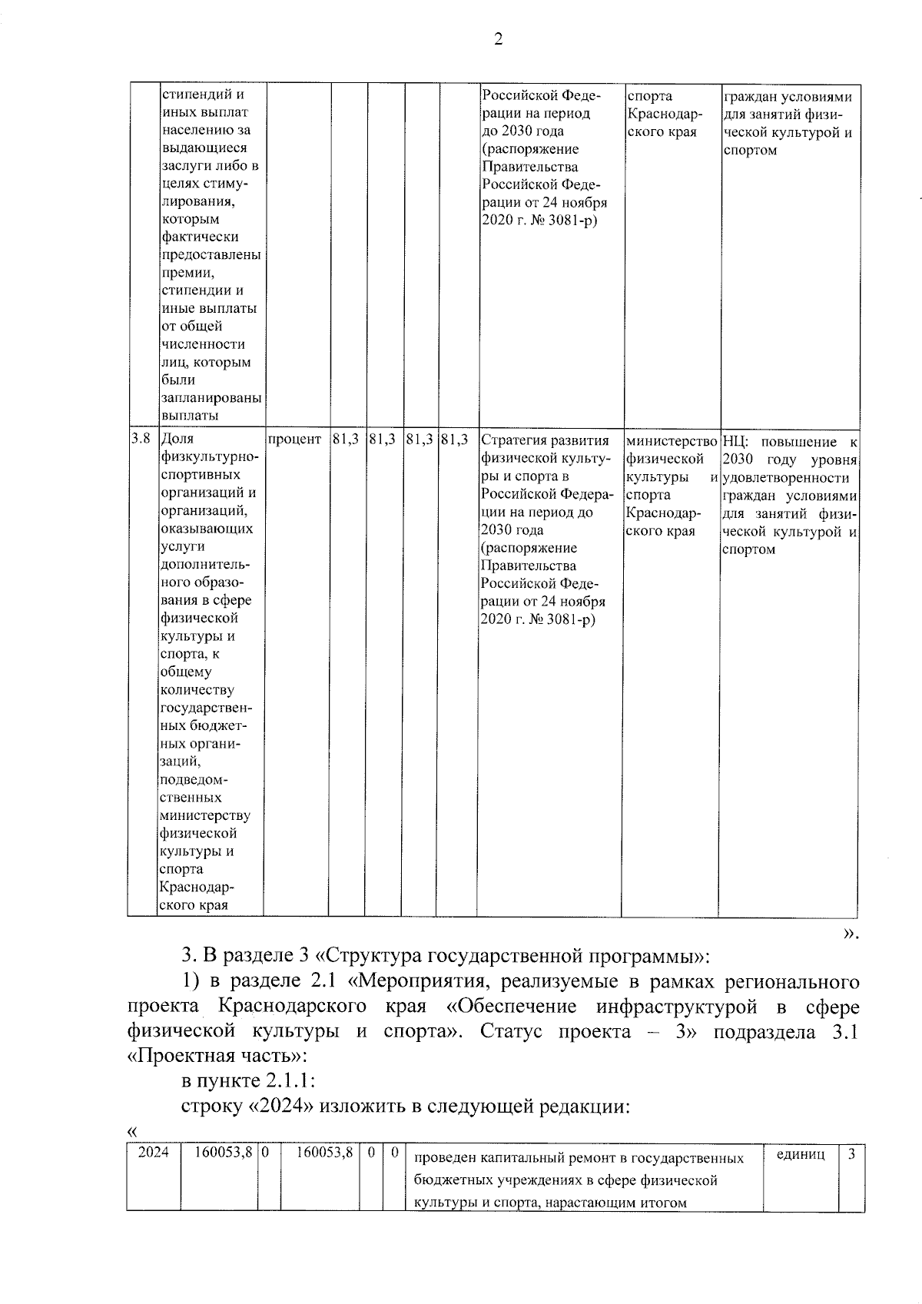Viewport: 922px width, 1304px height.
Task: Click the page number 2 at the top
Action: [x=498, y=40]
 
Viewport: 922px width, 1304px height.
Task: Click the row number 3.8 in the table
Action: [x=141, y=439]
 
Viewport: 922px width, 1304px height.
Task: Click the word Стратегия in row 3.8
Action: [x=512, y=440]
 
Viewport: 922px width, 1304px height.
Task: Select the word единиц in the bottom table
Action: [x=801, y=1153]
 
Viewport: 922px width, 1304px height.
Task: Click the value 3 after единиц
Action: [x=851, y=1153]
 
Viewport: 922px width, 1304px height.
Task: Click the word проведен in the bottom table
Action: [x=442, y=1158]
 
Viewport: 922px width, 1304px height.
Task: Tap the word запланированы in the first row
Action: [x=211, y=398]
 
